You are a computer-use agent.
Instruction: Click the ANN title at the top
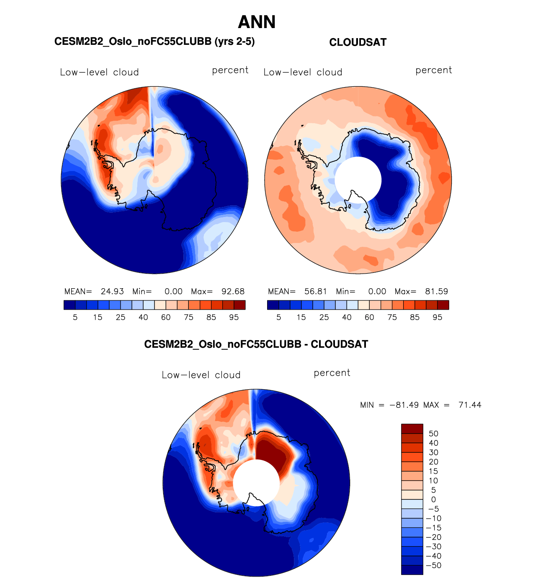[257, 22]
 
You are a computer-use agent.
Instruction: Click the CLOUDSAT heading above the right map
[358, 42]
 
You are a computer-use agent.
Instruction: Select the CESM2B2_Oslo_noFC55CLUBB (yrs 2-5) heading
[154, 41]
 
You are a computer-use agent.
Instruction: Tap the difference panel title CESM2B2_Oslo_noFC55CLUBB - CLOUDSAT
[256, 344]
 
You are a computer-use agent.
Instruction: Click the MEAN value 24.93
[112, 292]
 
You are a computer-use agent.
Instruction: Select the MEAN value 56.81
[316, 292]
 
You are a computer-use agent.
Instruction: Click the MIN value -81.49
[404, 405]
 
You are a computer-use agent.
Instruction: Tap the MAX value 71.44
[470, 405]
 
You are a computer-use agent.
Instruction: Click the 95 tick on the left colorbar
[234, 318]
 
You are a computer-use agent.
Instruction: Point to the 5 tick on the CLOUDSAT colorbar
[279, 318]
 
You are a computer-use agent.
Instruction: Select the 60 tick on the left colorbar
[166, 318]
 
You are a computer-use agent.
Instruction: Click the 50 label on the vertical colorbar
[434, 434]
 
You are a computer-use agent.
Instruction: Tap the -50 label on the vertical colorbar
[434, 566]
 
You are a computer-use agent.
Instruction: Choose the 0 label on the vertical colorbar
[434, 499]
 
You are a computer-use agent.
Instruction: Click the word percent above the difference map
[332, 373]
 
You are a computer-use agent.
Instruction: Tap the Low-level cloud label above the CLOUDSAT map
[303, 72]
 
